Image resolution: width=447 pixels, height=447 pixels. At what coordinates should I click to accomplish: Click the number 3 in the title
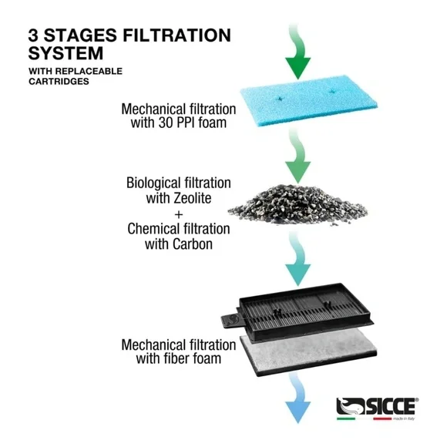[x=35, y=35]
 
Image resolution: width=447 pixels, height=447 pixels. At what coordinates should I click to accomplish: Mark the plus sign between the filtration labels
[x=178, y=213]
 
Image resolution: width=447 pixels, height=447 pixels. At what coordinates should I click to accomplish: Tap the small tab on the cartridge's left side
[x=227, y=321]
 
